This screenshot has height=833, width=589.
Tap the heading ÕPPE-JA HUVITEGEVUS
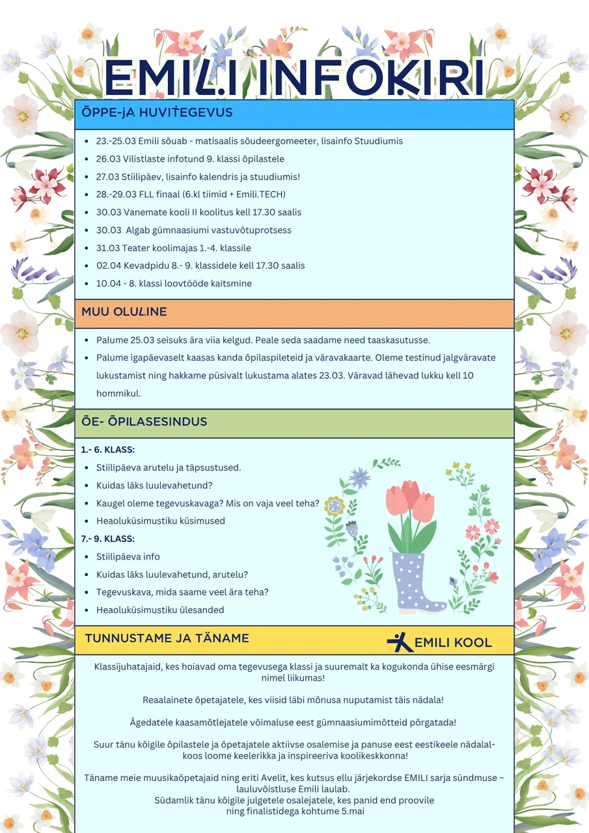[x=157, y=113]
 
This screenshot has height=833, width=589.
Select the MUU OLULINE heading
[x=124, y=312]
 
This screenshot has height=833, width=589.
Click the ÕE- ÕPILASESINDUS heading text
[x=144, y=421]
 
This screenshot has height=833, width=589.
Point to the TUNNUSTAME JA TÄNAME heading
[x=167, y=638]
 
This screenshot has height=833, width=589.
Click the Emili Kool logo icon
[x=400, y=642]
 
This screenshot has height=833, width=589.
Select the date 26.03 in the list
[x=107, y=159]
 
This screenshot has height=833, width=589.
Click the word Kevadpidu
[x=144, y=266]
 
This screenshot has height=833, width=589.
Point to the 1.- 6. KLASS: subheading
[x=107, y=450]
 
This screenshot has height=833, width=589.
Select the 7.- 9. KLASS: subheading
[x=107, y=539]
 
